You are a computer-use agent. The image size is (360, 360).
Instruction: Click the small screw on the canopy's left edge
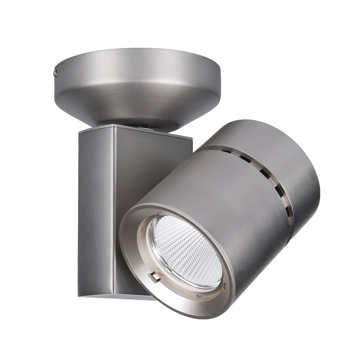(x=55, y=72)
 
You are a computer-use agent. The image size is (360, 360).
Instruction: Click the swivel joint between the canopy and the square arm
(x=135, y=126)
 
